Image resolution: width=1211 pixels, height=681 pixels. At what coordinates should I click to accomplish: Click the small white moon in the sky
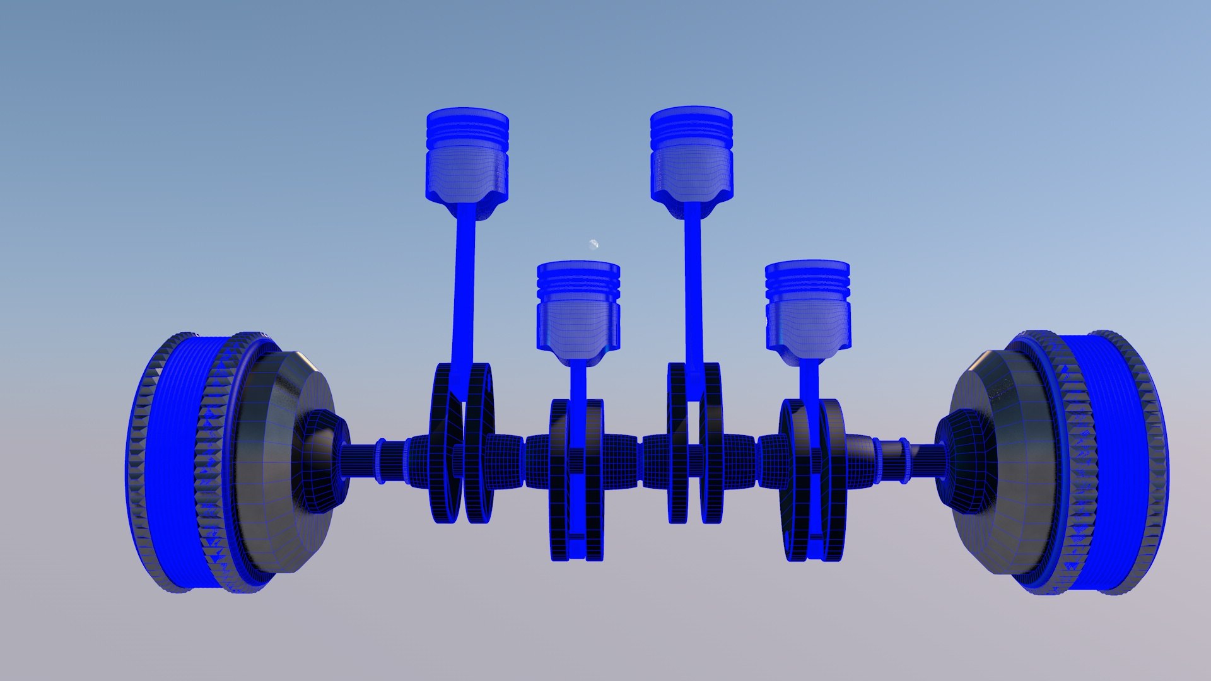click(594, 244)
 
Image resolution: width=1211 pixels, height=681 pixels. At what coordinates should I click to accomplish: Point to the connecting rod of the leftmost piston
click(464, 296)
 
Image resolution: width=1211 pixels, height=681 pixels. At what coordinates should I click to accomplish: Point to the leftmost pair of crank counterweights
click(462, 445)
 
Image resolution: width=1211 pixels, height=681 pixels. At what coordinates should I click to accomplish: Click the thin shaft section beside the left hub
click(360, 460)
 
